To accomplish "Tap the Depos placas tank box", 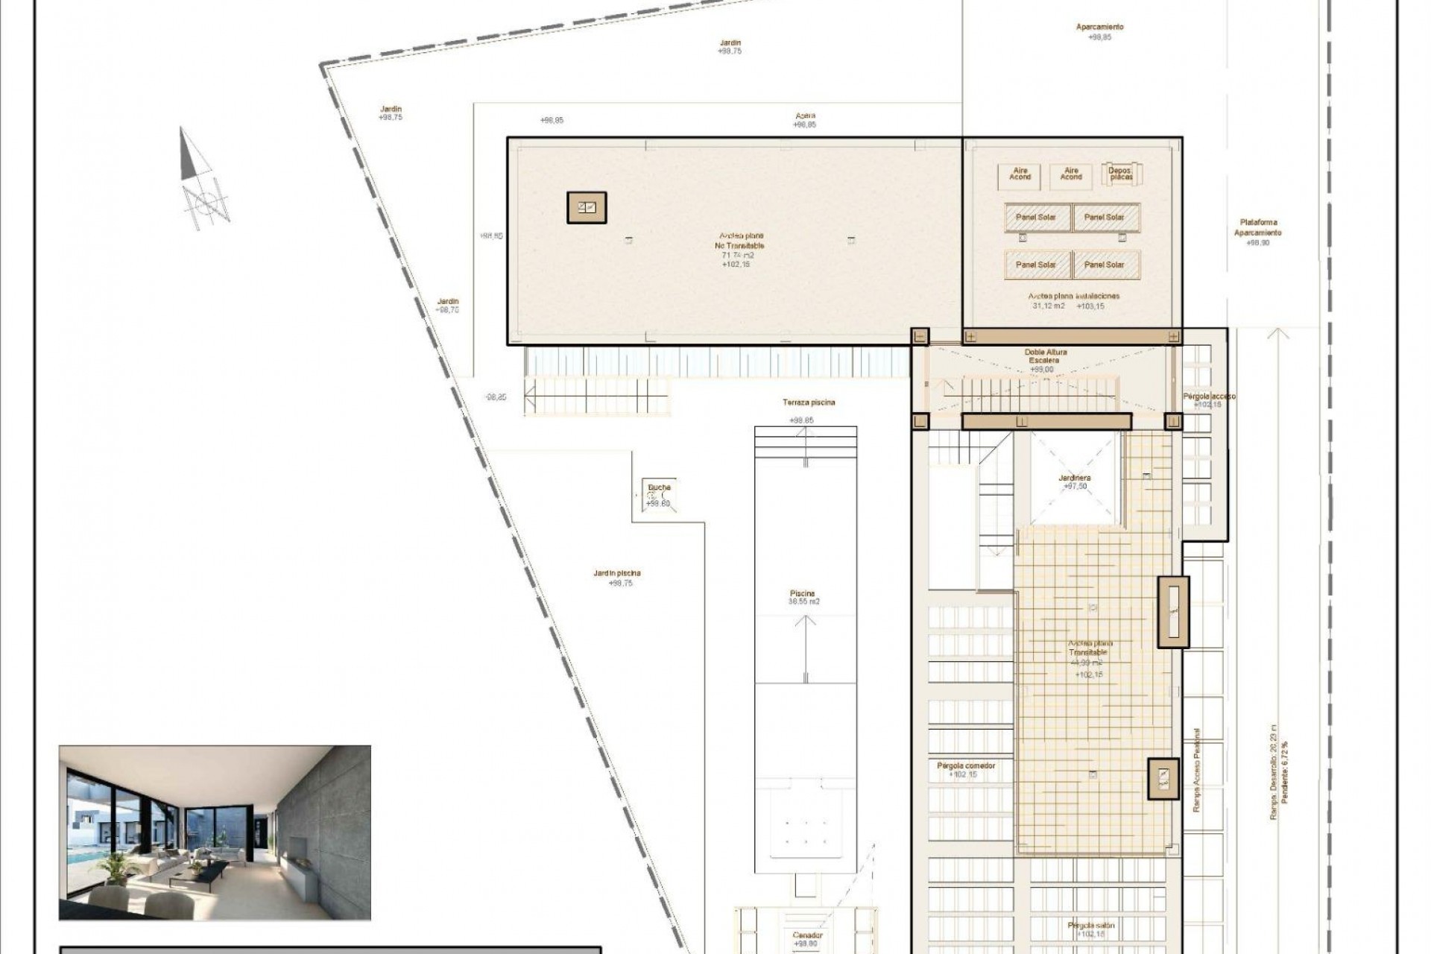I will click(x=1120, y=174).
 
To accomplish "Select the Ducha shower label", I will click(x=659, y=488).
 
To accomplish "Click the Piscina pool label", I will click(x=803, y=593).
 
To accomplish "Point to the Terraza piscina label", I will click(x=809, y=402).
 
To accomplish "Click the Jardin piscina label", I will click(x=617, y=573).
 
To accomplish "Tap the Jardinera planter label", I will click(x=1075, y=478).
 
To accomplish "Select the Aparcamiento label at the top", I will click(x=1099, y=27).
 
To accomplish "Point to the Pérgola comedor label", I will click(x=966, y=765).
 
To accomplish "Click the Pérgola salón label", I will click(x=1090, y=925).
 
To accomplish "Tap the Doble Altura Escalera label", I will click(x=1046, y=356).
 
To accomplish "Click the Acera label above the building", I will click(x=806, y=116).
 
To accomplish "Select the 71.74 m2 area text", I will click(x=738, y=255).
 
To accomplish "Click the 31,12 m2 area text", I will click(x=1049, y=306).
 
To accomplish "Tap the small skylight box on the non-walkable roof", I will click(x=587, y=207).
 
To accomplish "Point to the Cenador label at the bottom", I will click(x=808, y=935).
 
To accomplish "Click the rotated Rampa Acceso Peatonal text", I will click(x=1197, y=770).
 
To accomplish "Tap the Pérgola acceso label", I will click(x=1208, y=397).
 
